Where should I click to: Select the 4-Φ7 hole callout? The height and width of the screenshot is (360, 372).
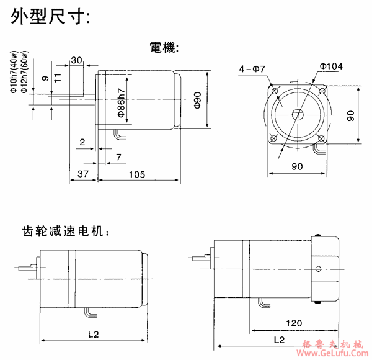click(x=252, y=70)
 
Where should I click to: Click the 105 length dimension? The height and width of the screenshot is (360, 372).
click(x=138, y=174)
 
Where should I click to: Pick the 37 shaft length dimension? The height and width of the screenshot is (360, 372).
click(x=83, y=174)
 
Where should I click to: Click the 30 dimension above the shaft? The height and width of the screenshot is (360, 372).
click(x=77, y=60)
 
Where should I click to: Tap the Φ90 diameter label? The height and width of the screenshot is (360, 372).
click(x=198, y=101)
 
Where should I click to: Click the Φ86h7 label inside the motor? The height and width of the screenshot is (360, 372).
click(x=122, y=102)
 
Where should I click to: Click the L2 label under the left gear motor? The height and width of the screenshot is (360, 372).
click(x=93, y=335)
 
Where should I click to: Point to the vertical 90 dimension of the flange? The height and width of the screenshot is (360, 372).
click(x=351, y=115)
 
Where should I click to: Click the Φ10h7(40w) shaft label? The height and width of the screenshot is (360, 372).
click(x=14, y=72)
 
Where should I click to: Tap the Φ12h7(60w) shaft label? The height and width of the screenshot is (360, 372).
click(x=24, y=72)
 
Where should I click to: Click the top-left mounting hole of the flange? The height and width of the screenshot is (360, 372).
click(x=273, y=90)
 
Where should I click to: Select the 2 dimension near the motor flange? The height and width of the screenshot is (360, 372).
click(x=82, y=143)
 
